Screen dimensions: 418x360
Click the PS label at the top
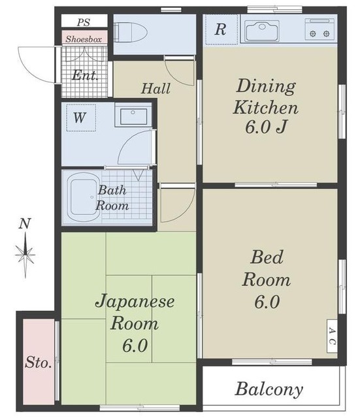point(83,22)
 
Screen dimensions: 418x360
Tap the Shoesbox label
point(83,39)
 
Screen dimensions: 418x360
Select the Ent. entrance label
point(85,75)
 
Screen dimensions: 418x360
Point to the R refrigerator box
point(220,29)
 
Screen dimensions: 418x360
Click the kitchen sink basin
point(261,30)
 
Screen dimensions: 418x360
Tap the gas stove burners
point(320,29)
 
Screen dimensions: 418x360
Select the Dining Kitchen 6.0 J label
point(266,106)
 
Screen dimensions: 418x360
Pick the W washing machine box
point(79,118)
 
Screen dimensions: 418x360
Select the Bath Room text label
point(112,198)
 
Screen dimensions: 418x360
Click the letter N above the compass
point(25,223)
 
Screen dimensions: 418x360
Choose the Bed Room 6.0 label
point(267,280)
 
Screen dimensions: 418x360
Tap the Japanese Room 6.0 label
point(135,323)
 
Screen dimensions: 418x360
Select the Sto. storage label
point(39,363)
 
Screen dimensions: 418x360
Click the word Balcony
point(269,390)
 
